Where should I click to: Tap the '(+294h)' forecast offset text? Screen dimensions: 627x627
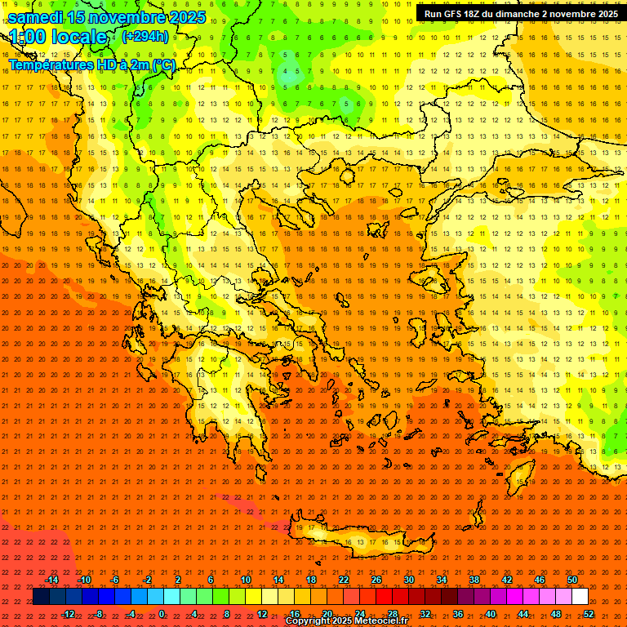point(145,36)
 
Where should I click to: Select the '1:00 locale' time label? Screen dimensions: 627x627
point(58,37)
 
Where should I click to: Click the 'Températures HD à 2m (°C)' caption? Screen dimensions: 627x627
point(91,64)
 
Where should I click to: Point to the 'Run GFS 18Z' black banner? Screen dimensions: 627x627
point(521,14)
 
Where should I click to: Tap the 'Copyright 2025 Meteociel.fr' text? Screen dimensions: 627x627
point(346,621)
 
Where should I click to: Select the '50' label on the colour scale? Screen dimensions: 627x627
point(571,580)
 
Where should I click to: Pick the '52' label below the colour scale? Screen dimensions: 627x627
point(588,614)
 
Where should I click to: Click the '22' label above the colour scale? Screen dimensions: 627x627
point(344,580)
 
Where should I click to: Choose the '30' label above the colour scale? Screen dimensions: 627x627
point(409,580)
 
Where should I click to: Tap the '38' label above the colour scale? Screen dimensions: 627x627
point(474,580)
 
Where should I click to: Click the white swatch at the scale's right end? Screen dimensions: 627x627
point(580,597)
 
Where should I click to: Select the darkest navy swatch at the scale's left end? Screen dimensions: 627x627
point(41,597)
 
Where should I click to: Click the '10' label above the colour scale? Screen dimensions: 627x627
point(246,580)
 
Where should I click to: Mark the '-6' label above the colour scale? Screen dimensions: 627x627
point(115,580)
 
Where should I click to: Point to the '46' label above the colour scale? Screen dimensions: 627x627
point(539,580)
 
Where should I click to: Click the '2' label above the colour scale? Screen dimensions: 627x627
point(178,580)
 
